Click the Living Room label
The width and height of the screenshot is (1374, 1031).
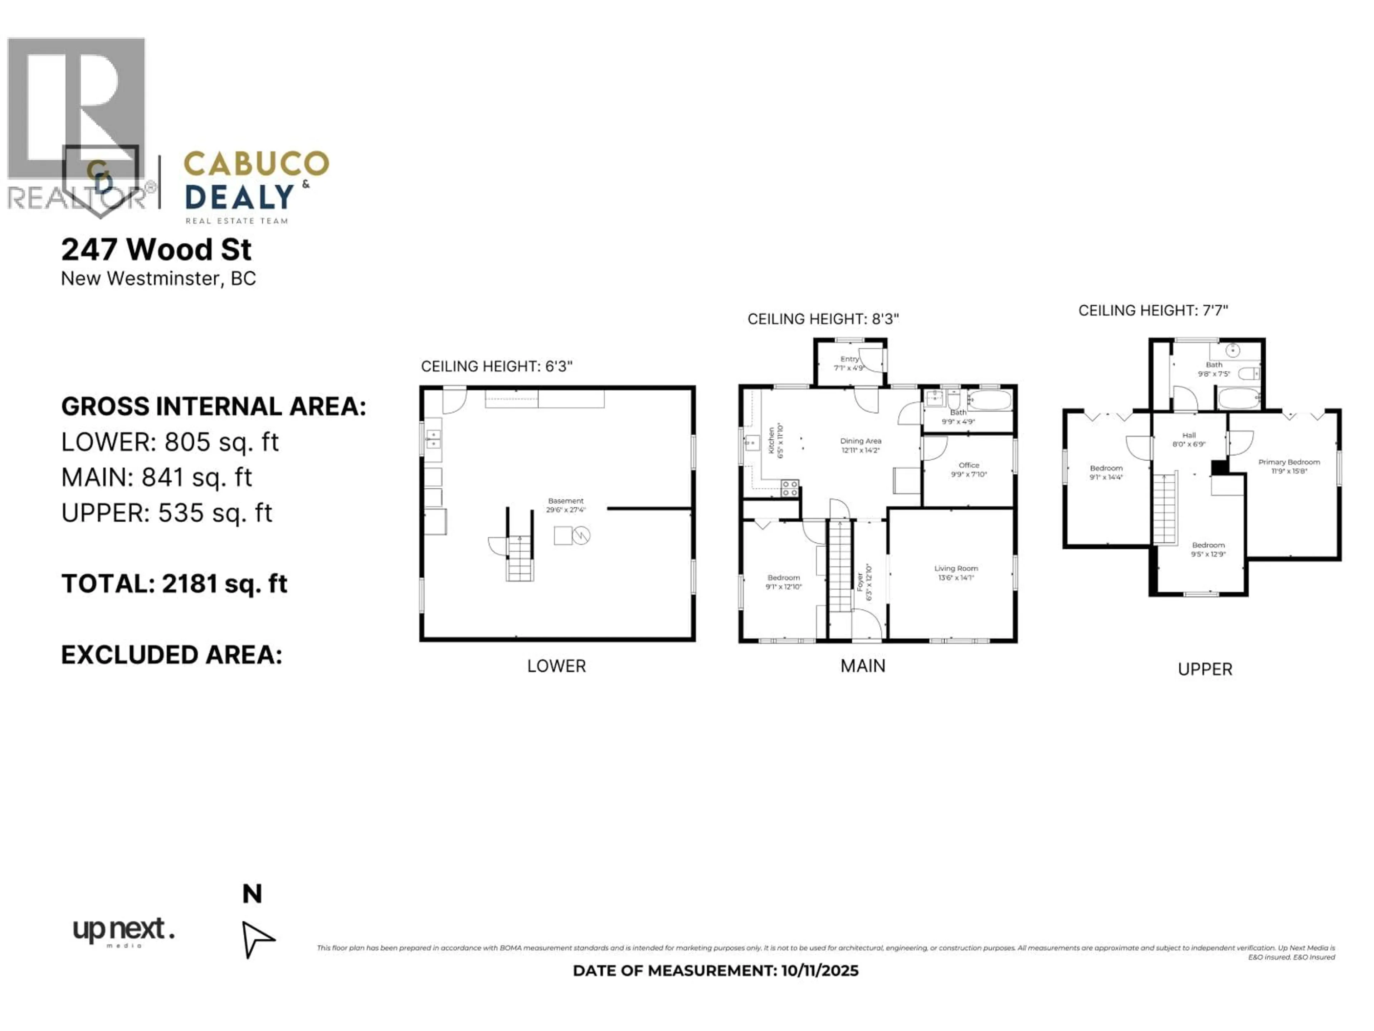tap(956, 568)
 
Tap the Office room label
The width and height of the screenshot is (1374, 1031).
tap(968, 465)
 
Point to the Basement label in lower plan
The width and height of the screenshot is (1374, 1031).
tap(565, 501)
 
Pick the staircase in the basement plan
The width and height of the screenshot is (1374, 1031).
tap(519, 558)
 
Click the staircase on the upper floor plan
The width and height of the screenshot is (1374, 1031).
tap(1165, 508)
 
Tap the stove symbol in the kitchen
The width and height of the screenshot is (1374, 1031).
tap(789, 488)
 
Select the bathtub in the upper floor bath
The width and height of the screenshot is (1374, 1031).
tap(1239, 398)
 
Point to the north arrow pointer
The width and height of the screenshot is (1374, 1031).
tap(257, 938)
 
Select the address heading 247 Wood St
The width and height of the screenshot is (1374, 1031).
tap(156, 250)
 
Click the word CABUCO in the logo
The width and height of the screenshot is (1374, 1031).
tap(256, 164)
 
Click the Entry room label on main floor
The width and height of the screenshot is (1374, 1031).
tap(849, 359)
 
